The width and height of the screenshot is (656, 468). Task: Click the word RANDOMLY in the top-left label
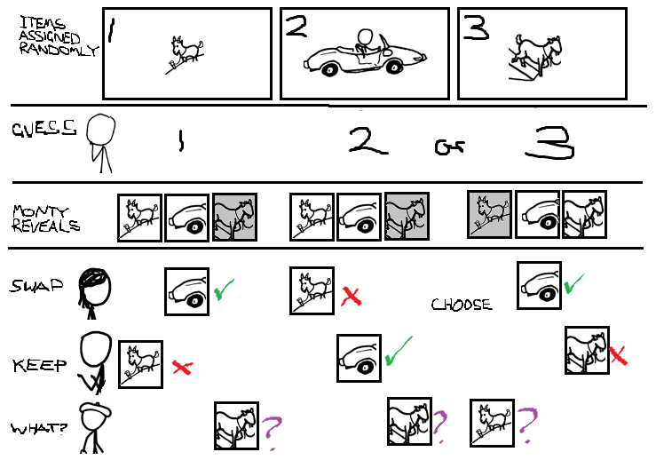click(x=59, y=50)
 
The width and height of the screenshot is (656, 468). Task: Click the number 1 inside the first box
click(x=111, y=29)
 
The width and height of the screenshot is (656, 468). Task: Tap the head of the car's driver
click(x=366, y=36)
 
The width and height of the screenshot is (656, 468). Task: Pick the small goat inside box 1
click(x=185, y=54)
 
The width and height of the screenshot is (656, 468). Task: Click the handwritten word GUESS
click(x=44, y=129)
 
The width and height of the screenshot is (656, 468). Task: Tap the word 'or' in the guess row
click(x=449, y=147)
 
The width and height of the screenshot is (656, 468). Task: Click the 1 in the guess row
click(x=181, y=140)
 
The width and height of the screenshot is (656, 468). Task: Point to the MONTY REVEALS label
click(x=45, y=218)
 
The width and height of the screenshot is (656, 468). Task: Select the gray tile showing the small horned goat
click(x=489, y=214)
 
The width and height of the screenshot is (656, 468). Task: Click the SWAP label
click(x=36, y=286)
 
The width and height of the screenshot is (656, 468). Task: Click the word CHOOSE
click(x=462, y=305)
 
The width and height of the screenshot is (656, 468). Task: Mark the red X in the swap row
click(x=351, y=296)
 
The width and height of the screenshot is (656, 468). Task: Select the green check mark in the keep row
click(x=399, y=351)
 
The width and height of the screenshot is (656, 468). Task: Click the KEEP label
click(x=39, y=366)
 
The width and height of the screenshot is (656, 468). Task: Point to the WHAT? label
click(x=39, y=429)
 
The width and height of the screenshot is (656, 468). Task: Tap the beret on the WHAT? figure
click(x=96, y=409)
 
